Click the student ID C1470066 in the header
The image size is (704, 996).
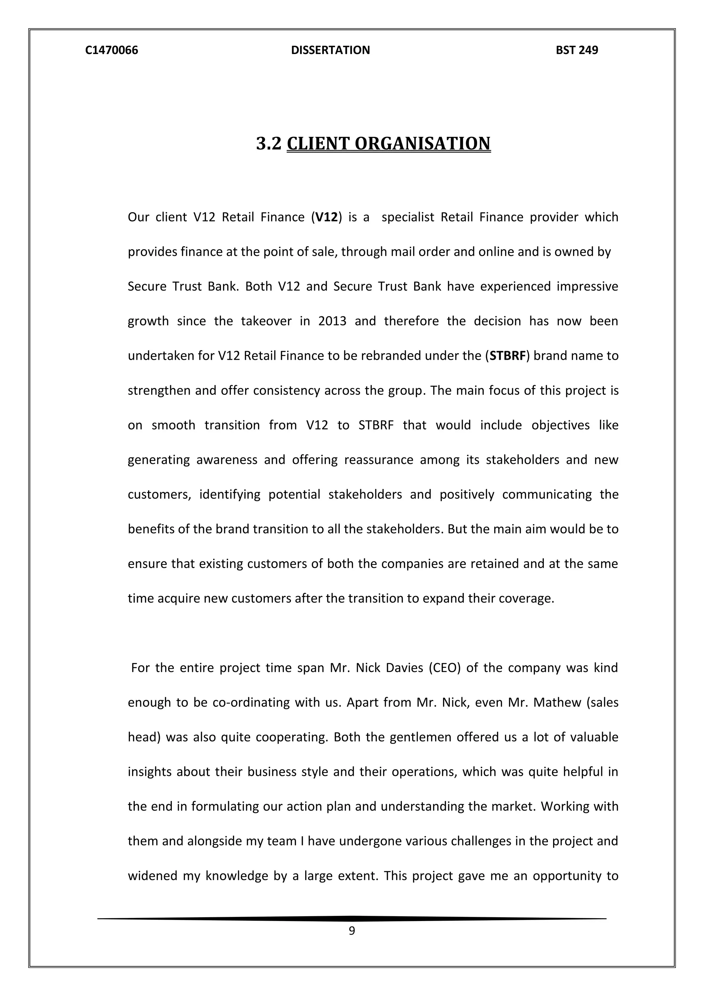111,50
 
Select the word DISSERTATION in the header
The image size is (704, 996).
330,50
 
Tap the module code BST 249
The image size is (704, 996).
576,50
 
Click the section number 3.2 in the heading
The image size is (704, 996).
269,143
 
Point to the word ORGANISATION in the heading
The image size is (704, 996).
423,143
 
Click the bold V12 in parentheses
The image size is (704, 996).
326,217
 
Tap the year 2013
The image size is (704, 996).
332,321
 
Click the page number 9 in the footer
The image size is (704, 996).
352,931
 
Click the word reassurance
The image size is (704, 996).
378,460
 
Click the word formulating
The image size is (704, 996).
225,806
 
